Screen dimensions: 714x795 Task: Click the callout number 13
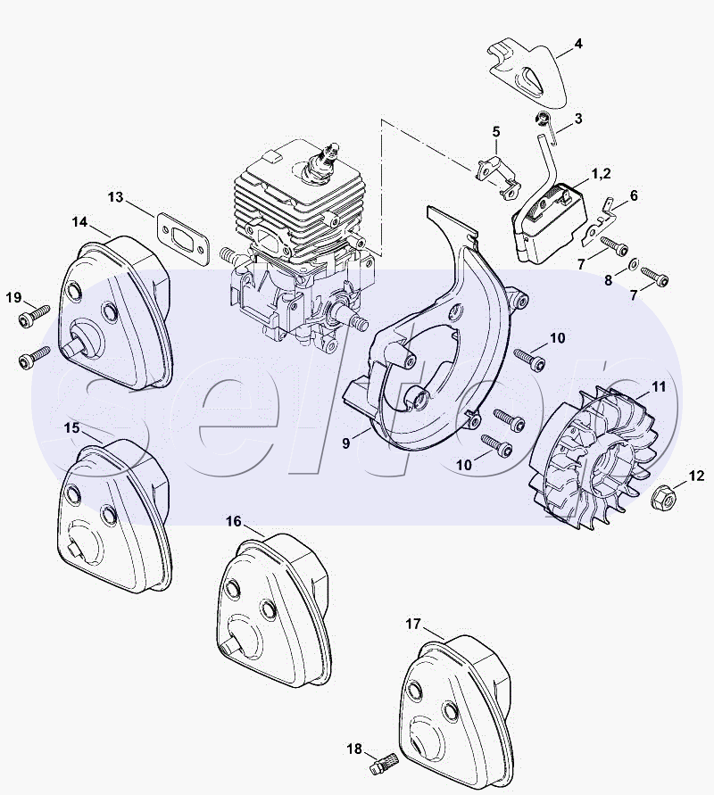(x=116, y=196)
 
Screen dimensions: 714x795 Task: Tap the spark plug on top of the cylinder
(x=321, y=161)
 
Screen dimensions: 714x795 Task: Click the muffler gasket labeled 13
(x=182, y=239)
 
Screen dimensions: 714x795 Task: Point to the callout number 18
(x=354, y=749)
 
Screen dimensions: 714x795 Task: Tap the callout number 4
(x=577, y=44)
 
